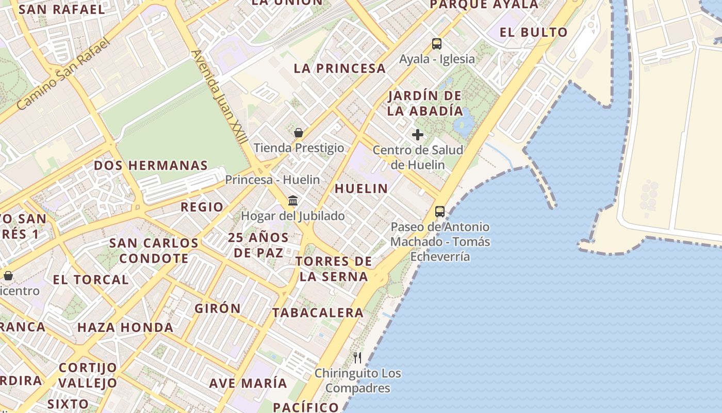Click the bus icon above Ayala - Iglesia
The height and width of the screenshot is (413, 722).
(437, 44)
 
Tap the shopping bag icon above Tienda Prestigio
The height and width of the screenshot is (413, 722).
(298, 133)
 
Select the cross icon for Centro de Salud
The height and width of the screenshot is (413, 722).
(418, 135)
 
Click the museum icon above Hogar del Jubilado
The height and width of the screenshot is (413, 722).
(293, 200)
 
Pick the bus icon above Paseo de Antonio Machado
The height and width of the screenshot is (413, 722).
(439, 211)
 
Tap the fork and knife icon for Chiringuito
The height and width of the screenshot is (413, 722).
(357, 357)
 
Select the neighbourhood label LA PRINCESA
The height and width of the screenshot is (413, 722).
(340, 68)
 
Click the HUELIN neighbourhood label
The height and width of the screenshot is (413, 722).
(362, 188)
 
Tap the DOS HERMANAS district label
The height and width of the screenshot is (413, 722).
(151, 166)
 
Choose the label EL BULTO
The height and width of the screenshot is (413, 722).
(534, 32)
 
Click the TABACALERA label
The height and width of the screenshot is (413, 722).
(318, 312)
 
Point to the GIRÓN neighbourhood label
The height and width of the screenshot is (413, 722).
(218, 308)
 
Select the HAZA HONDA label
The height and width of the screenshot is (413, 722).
(125, 327)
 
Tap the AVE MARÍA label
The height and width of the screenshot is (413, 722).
(248, 383)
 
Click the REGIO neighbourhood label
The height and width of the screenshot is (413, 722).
(202, 207)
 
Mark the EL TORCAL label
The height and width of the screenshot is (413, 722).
(91, 280)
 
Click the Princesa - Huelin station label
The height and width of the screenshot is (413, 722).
(272, 180)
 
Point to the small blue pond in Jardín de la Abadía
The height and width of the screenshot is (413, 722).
(464, 124)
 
